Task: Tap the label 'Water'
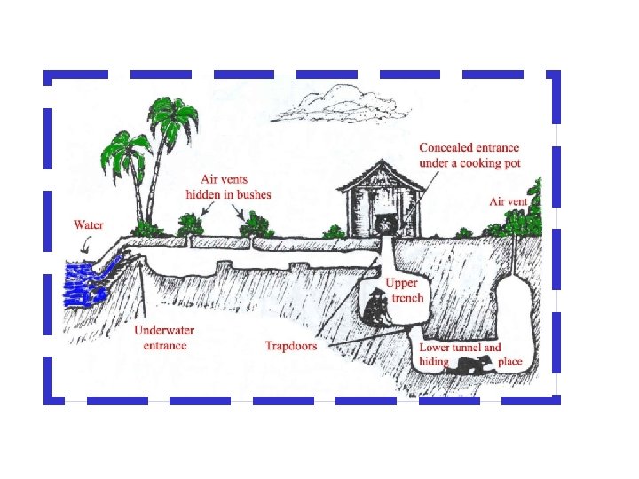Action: tap(89, 225)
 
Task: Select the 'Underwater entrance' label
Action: tap(165, 338)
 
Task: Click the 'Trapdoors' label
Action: tap(290, 346)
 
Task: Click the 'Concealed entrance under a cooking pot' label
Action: tap(469, 155)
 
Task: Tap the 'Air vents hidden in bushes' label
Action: tap(228, 187)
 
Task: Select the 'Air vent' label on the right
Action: tap(509, 202)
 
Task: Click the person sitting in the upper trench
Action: tap(377, 309)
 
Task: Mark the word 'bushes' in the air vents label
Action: tap(252, 194)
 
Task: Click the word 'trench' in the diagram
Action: tap(407, 298)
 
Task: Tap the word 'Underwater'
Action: tap(166, 331)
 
